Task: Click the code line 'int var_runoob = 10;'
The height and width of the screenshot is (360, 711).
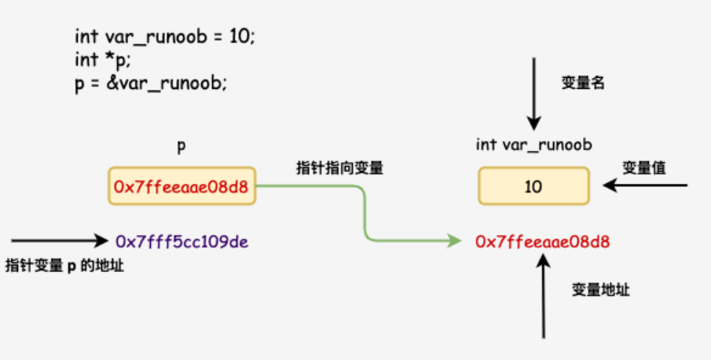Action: [x=165, y=37]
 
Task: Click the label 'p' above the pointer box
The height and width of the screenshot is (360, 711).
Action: [x=182, y=146]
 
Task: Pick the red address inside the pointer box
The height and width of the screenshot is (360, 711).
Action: [x=182, y=187]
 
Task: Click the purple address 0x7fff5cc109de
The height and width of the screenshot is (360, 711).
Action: [x=182, y=240]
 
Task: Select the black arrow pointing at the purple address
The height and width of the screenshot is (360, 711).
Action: [x=59, y=240]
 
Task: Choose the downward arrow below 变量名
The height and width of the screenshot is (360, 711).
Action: [x=534, y=94]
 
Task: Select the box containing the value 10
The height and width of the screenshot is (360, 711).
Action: [x=533, y=187]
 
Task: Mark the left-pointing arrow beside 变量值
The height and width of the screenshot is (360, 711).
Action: [x=644, y=186]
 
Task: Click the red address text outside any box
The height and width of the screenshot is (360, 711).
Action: [x=543, y=241]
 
